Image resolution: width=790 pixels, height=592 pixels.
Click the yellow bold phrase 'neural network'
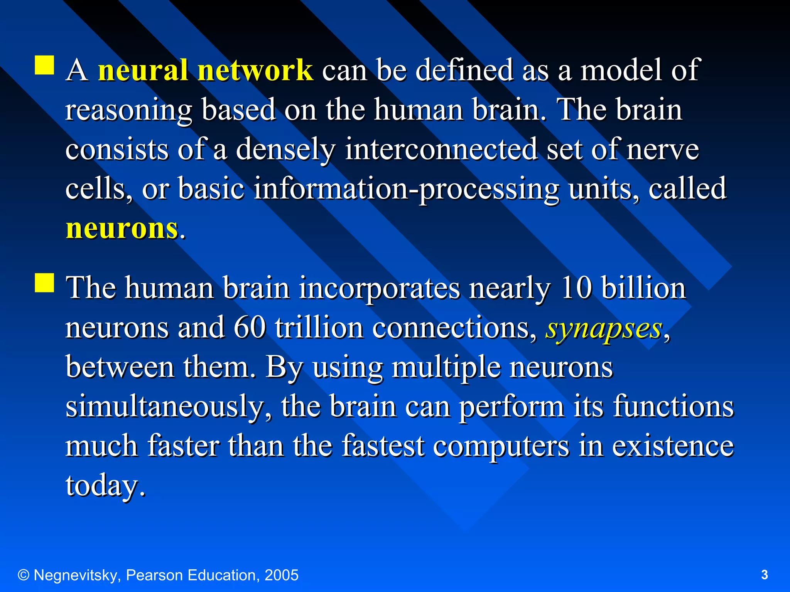pos(205,71)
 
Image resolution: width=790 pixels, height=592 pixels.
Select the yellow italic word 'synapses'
pos(604,329)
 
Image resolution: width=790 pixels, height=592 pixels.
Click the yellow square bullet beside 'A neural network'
pos(44,65)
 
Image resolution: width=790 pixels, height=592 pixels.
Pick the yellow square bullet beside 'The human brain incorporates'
pos(44,283)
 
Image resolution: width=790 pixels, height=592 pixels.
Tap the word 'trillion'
pos(319,328)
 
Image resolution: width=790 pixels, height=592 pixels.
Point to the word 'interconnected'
pos(441,150)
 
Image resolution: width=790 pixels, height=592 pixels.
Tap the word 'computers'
pos(501,446)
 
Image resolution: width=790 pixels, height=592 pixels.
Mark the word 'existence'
pos(673,446)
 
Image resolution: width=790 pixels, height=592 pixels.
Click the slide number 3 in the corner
pos(765,575)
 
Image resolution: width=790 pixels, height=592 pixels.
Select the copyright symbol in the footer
pos(24,575)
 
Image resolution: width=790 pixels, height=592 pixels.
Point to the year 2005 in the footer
pos(282,575)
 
